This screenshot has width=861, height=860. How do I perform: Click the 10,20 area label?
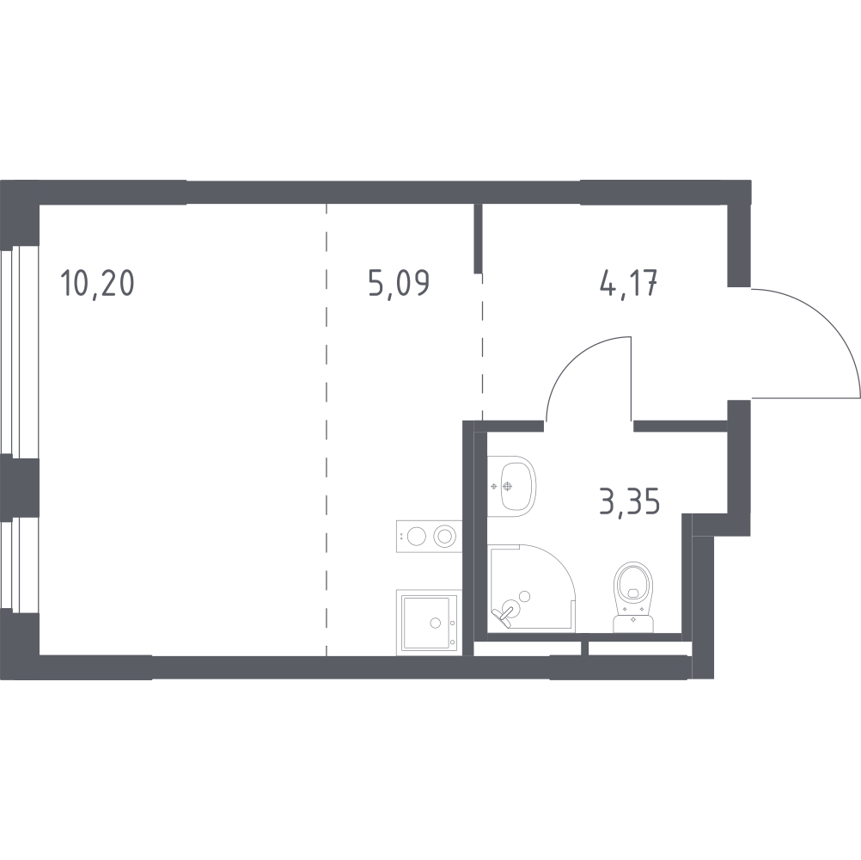click(x=98, y=283)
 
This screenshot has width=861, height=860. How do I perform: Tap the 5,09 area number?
click(x=398, y=283)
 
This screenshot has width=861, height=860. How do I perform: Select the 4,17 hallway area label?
click(x=629, y=283)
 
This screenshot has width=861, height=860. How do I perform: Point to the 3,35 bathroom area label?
click(x=630, y=500)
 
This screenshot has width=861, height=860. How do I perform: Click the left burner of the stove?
click(x=416, y=537)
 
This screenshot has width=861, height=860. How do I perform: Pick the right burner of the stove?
click(x=444, y=537)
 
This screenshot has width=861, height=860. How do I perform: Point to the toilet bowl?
click(x=636, y=584)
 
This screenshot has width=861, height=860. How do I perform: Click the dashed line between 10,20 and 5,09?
click(x=327, y=430)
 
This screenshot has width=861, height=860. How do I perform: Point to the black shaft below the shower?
click(x=527, y=649)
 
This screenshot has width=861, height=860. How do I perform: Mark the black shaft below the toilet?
click(x=641, y=649)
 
